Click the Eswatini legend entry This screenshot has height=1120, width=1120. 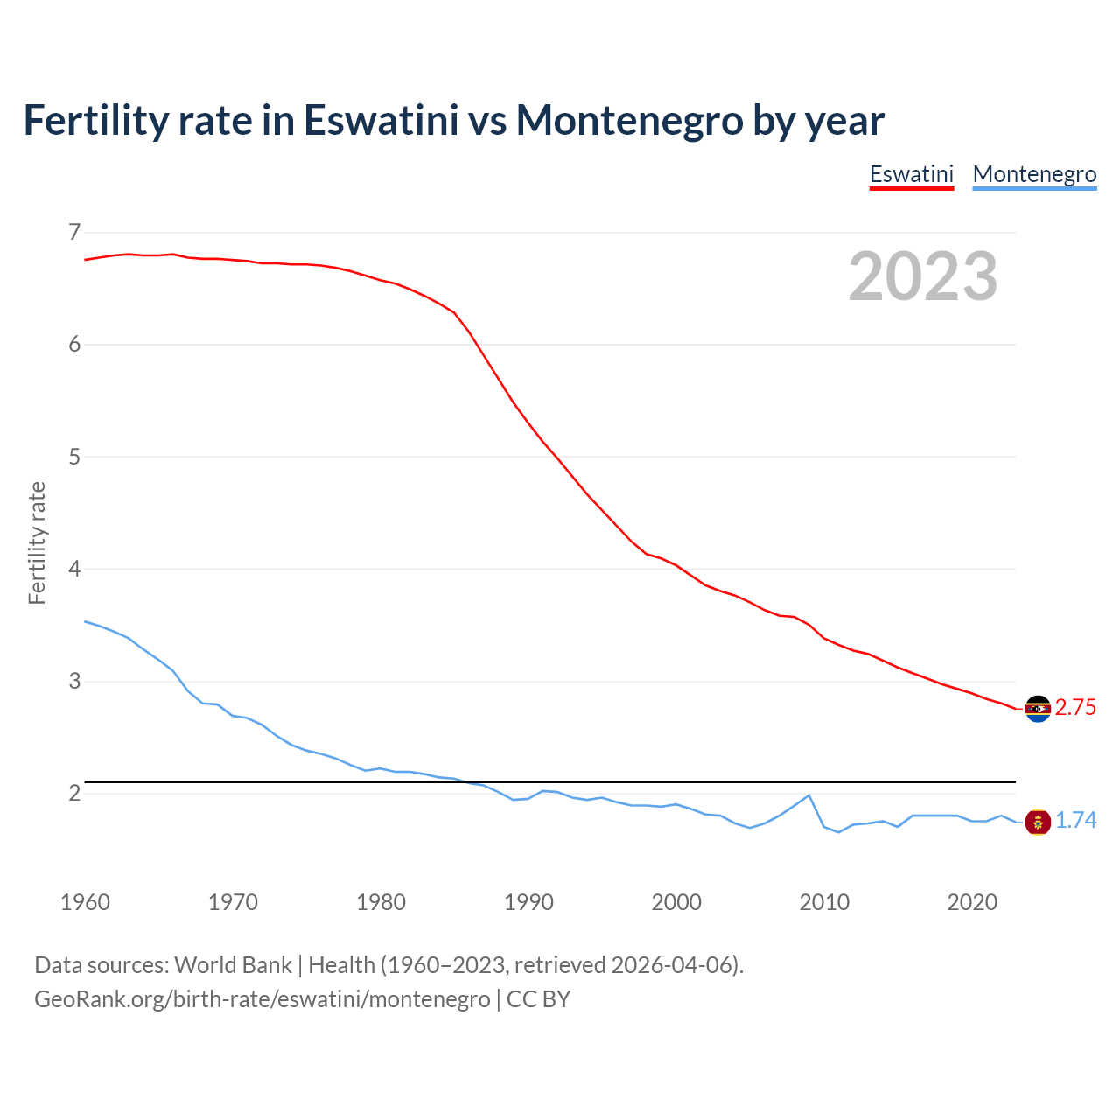point(911,174)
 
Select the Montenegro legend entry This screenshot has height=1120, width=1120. point(1034,174)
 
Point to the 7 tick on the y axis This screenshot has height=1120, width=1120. point(74,232)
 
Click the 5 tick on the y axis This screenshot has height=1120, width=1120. point(74,457)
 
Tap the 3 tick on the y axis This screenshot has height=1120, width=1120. point(74,681)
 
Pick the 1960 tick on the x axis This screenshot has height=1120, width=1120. point(85,902)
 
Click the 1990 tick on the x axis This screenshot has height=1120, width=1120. point(528,902)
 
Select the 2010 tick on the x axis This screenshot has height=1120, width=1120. point(824,902)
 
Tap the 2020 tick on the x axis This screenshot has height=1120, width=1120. point(972,902)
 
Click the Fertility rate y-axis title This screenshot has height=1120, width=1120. point(37,542)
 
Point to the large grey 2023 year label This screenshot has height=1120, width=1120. point(923,276)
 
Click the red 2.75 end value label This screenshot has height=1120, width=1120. point(1075,708)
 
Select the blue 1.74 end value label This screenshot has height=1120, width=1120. point(1075,821)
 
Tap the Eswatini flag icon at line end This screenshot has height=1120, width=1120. point(1038,709)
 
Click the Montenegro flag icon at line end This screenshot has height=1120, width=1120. point(1038,822)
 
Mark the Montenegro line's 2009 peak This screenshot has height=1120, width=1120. point(809,795)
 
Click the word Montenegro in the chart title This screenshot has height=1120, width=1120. point(629,120)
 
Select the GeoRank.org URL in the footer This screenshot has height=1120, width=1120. point(262,999)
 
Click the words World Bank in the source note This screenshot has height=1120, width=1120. point(233,965)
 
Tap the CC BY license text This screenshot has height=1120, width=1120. point(539,999)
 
